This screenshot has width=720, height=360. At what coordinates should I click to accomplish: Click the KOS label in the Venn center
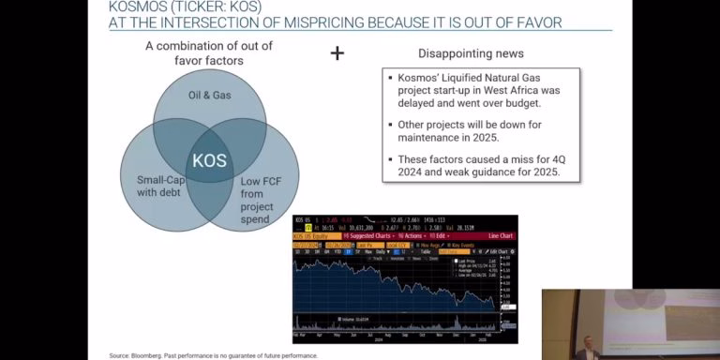[x=209, y=160]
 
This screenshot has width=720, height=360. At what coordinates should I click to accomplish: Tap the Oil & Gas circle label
[x=209, y=95]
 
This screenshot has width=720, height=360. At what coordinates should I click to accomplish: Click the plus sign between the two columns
[x=337, y=53]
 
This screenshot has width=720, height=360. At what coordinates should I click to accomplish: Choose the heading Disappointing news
[x=471, y=53]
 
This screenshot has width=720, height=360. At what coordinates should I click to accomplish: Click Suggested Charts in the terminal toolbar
[x=368, y=235]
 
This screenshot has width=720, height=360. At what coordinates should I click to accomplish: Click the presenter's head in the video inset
[x=586, y=342]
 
